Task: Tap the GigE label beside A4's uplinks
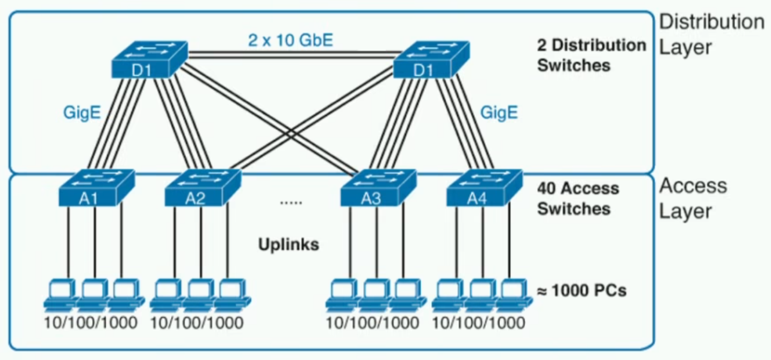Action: [499, 111]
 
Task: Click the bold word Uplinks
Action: [288, 244]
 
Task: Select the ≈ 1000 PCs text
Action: [581, 291]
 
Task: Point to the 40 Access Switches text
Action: [578, 199]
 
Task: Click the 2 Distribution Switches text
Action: [591, 55]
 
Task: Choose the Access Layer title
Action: [693, 198]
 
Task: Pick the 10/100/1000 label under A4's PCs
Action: [479, 324]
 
